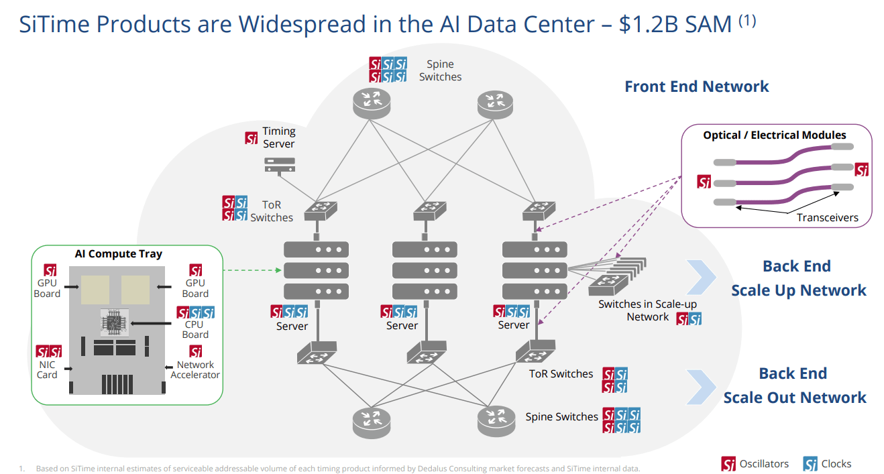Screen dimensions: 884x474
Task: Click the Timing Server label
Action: (279, 137)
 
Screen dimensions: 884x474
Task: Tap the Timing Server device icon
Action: (280, 165)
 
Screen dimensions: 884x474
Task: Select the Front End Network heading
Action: (697, 86)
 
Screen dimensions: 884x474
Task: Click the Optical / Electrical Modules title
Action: (774, 135)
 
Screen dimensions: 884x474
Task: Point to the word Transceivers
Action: (827, 217)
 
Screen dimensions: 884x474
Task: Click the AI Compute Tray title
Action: (119, 253)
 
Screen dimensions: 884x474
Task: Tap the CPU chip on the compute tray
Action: (115, 322)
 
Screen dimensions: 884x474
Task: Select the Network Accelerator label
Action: (195, 369)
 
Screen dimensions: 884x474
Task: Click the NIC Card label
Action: (47, 369)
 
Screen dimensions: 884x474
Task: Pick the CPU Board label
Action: (195, 329)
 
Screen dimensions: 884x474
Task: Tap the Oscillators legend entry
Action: (755, 464)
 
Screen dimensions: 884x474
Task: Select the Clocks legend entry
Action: (827, 464)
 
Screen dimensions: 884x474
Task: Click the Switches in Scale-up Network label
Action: (647, 310)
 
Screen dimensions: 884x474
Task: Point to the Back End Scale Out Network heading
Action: (794, 386)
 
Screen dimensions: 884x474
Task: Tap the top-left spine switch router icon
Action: (372, 103)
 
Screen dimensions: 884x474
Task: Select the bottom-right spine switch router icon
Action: (496, 421)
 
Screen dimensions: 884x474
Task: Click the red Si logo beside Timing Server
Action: (252, 138)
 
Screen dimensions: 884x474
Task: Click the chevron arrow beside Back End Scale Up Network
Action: (702, 277)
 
